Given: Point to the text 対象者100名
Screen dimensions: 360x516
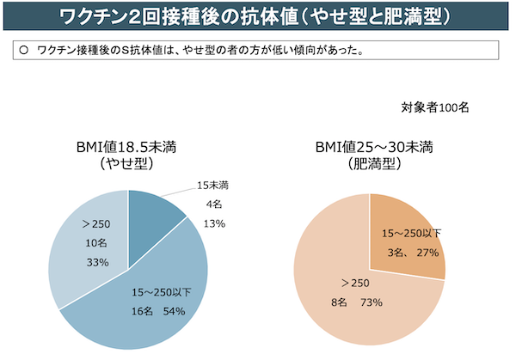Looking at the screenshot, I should [434, 107].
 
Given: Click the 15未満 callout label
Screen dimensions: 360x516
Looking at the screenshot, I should [212, 186].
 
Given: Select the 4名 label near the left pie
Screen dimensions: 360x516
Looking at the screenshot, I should [212, 204].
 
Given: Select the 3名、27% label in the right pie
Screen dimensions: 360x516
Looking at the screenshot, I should [411, 253].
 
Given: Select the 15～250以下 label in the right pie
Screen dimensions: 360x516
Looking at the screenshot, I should [411, 234].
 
